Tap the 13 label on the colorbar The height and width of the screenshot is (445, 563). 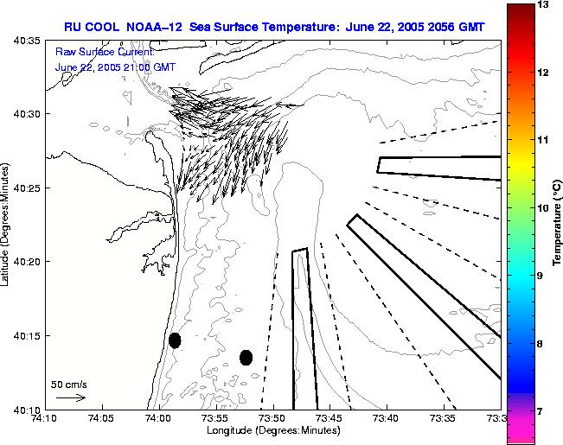pyautogui.click(x=542, y=5)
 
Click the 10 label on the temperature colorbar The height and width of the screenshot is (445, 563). pyautogui.click(x=542, y=208)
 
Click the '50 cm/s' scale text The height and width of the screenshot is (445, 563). pyautogui.click(x=69, y=384)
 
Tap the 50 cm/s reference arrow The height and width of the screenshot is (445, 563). pyautogui.click(x=70, y=397)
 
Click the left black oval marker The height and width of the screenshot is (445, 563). pyautogui.click(x=175, y=340)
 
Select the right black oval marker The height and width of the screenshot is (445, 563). pyautogui.click(x=246, y=357)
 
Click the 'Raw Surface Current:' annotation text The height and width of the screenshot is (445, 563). pyautogui.click(x=104, y=52)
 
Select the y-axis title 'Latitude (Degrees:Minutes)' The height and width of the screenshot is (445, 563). pyautogui.click(x=7, y=223)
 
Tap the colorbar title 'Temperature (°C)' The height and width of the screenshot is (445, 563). pyautogui.click(x=559, y=222)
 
